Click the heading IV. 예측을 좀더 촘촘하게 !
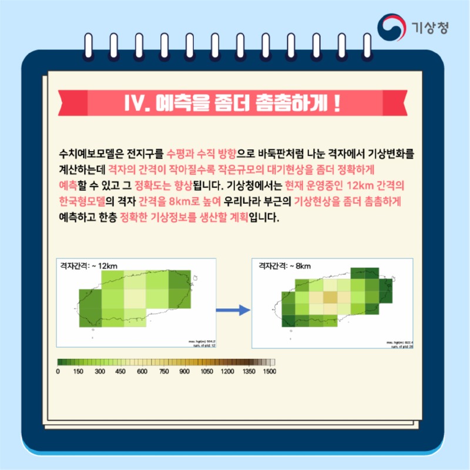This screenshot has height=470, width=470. (234, 103)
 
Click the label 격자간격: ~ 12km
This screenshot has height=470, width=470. (89, 266)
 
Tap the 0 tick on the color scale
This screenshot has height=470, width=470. (58, 372)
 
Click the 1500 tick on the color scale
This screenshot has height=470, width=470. (270, 372)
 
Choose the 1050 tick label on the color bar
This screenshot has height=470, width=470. (206, 372)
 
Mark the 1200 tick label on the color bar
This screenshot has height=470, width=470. (227, 372)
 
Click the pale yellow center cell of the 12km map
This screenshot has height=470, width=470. (135, 298)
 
